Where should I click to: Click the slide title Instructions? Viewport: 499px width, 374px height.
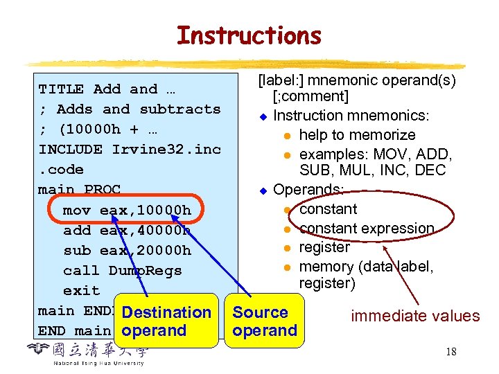(249, 35)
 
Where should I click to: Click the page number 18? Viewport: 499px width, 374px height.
(450, 352)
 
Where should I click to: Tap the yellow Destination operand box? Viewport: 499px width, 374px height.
(166, 321)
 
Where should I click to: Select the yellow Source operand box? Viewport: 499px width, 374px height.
(265, 321)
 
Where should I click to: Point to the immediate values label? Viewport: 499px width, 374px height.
(415, 317)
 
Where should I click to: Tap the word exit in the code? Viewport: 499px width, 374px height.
(81, 290)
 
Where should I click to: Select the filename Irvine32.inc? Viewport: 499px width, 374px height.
(166, 150)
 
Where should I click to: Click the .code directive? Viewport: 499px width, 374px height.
(61, 170)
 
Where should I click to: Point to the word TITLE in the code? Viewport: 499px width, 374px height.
(61, 89)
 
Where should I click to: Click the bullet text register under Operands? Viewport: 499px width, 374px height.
(324, 247)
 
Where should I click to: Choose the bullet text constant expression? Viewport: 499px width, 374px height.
(367, 229)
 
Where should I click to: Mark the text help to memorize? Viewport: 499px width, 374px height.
(357, 135)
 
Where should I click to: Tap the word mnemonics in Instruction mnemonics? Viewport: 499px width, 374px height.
(376, 116)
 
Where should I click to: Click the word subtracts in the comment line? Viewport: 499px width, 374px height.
(180, 109)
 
